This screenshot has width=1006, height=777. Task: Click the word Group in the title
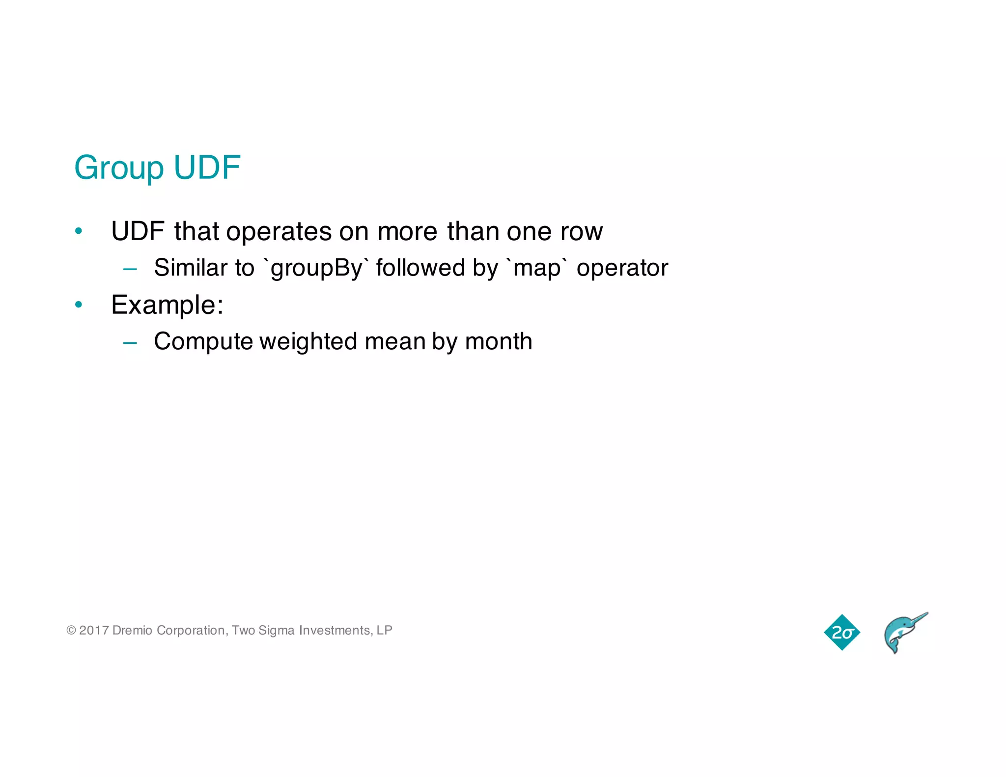click(118, 168)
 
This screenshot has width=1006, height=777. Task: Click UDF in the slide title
click(207, 167)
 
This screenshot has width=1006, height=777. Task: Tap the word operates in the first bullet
click(279, 231)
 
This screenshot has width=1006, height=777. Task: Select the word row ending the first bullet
click(581, 231)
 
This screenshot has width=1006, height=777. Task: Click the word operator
click(622, 268)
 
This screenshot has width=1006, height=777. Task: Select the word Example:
click(167, 305)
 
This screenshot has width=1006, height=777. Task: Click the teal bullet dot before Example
click(79, 305)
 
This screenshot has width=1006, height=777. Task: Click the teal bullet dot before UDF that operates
click(79, 231)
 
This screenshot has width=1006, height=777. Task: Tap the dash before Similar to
click(130, 269)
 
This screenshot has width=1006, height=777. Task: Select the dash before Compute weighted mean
click(130, 343)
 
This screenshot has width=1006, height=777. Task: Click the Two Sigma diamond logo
click(841, 633)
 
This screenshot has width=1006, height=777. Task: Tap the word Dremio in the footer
click(132, 630)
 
